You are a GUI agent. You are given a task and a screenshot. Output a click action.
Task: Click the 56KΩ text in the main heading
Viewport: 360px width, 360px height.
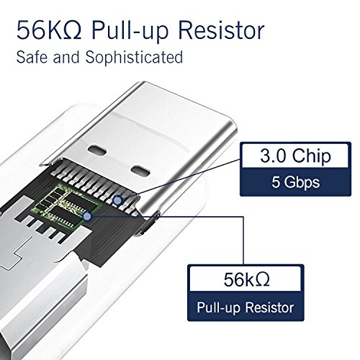(x=50, y=30)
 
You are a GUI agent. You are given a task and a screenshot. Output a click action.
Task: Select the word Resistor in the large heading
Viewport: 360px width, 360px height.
(x=222, y=30)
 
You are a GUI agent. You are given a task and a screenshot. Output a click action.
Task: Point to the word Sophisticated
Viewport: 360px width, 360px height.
(x=134, y=58)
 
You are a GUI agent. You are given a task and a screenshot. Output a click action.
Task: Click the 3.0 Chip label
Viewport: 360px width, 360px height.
(x=295, y=156)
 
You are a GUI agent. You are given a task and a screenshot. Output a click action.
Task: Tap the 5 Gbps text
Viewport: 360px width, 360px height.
(x=295, y=182)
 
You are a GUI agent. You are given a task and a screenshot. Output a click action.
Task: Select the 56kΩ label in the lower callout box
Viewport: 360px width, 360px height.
(x=246, y=279)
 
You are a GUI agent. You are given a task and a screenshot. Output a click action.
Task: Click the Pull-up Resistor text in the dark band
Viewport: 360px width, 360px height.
(x=246, y=307)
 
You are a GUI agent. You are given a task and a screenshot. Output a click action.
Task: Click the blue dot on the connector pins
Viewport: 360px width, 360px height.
(x=117, y=200)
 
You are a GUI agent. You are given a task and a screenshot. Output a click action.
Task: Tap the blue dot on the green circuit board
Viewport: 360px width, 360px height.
(x=87, y=217)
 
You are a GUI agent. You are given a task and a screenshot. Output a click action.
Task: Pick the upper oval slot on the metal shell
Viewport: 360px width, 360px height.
(x=97, y=150)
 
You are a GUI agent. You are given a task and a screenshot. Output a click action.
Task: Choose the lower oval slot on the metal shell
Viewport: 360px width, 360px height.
(x=140, y=170)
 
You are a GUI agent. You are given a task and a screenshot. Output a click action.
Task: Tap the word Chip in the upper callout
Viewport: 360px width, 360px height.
(x=312, y=156)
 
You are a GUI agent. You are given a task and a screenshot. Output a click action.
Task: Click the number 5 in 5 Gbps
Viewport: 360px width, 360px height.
(x=276, y=182)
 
